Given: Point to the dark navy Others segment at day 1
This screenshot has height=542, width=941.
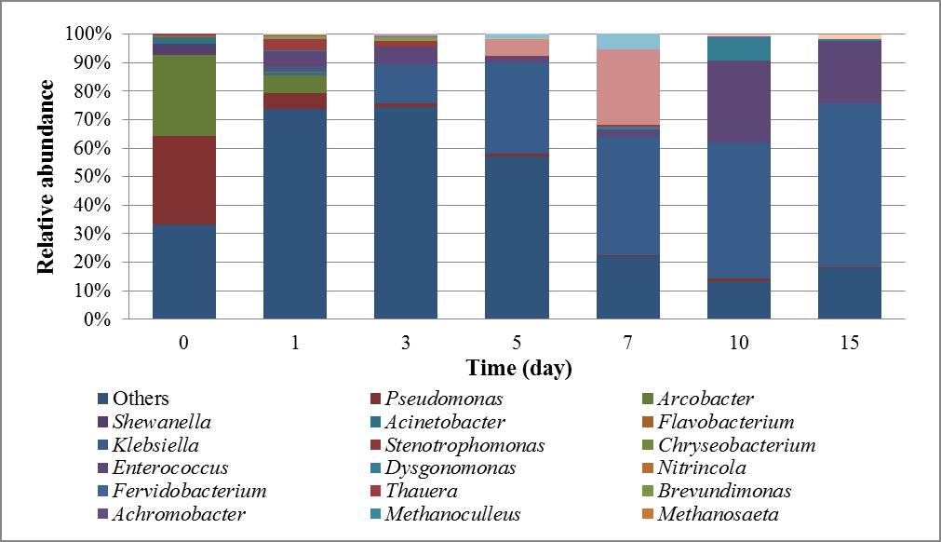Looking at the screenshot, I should [x=295, y=214].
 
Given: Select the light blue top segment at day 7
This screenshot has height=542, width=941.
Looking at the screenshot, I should [x=628, y=41].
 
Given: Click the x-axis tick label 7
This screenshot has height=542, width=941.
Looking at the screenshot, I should [x=628, y=343].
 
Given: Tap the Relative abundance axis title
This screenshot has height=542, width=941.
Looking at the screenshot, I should [x=45, y=177].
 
